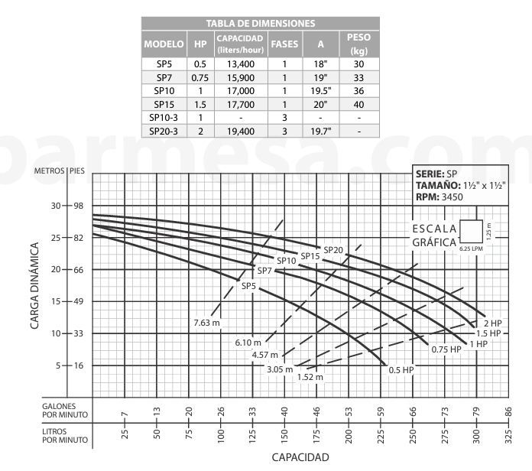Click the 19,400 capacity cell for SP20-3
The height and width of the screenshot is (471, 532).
pos(241,132)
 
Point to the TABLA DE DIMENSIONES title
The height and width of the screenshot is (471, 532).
pos(261,24)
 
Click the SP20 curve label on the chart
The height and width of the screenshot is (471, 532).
pos(333,250)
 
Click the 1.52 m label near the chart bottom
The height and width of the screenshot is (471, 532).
pos(310,377)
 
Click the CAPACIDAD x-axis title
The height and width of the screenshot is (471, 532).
pos(300,458)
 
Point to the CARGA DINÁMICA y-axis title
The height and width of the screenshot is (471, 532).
pos(36,286)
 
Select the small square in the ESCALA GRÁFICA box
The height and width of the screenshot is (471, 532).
pos(471,231)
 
